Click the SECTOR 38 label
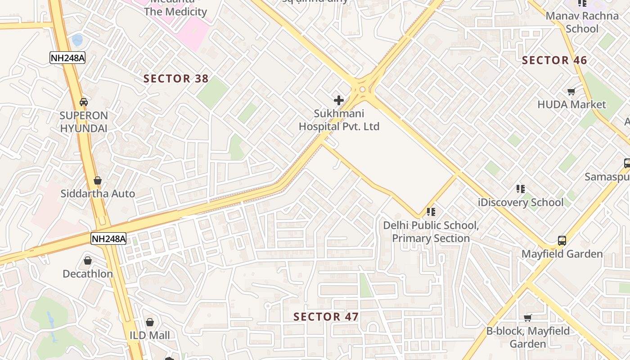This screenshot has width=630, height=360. tap(176, 79)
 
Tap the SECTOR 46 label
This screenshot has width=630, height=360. tap(554, 60)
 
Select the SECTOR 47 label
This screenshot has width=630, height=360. tap(326, 317)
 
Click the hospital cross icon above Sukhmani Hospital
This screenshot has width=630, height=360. tap(339, 100)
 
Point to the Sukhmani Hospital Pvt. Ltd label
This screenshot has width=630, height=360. tap(339, 120)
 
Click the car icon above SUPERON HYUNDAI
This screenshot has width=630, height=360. tap(84, 102)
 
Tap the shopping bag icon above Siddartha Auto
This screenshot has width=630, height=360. tap(98, 181)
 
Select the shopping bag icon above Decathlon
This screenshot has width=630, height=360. tap(88, 261)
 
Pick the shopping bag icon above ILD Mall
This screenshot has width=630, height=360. tap(150, 322)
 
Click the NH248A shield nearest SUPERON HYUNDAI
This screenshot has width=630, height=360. tap(67, 58)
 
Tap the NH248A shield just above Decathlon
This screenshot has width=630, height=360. tap(108, 238)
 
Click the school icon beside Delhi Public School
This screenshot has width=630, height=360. tap(431, 211)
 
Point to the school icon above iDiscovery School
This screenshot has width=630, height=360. tap(521, 189)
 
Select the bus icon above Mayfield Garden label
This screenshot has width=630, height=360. tap(562, 240)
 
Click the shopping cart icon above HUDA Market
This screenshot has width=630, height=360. tap(571, 92)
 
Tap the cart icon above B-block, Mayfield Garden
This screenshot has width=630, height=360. tap(528, 318)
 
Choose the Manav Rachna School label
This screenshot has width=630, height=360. tap(582, 22)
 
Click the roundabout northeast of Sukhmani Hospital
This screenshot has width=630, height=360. tap(363, 89)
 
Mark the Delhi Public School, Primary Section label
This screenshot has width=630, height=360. tap(431, 232)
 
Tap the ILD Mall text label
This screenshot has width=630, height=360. tap(150, 335)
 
